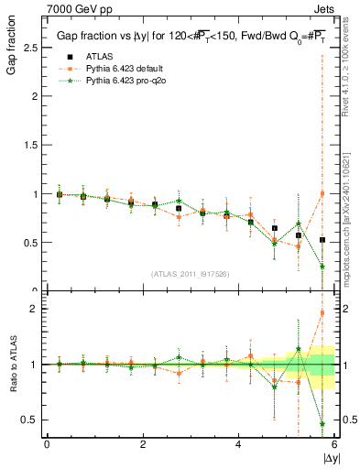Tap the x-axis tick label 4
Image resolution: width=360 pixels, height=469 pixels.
pyautogui.click(x=239, y=444)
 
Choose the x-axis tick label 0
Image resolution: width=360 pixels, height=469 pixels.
pyautogui.click(x=47, y=444)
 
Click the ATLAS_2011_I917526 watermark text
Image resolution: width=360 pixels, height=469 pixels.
pyautogui.click(x=190, y=273)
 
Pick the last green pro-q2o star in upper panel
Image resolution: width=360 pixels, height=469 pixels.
pyautogui.click(x=322, y=267)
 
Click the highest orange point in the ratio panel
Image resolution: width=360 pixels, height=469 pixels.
pyautogui.click(x=322, y=312)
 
